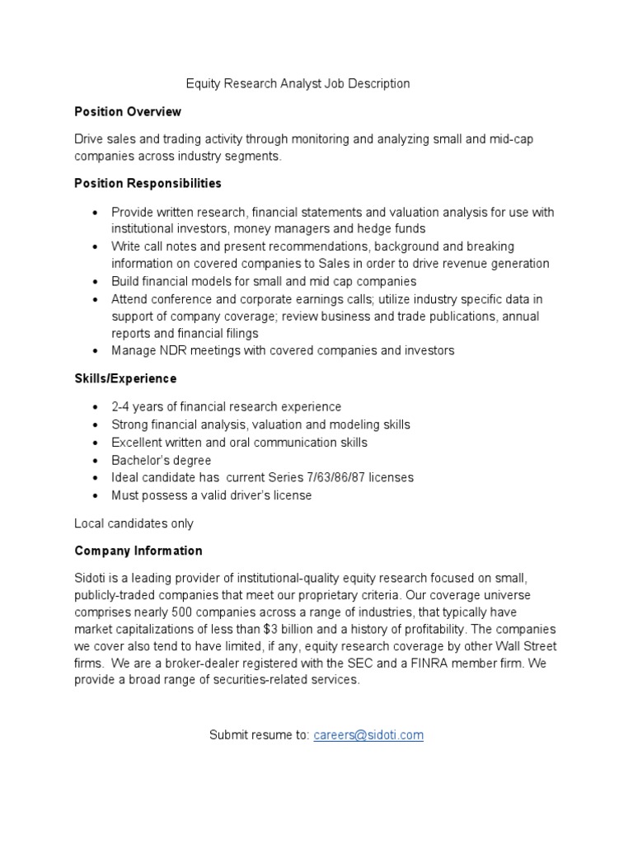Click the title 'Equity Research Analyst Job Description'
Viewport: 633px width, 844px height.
pos(298,83)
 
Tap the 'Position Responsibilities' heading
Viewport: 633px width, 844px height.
pos(148,183)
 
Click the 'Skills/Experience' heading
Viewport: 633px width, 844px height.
pos(125,378)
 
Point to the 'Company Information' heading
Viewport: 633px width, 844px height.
pos(138,551)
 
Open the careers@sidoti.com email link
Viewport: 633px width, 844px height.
pos(368,735)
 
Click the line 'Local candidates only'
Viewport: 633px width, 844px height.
pos(134,523)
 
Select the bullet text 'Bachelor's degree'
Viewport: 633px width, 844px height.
pos(162,460)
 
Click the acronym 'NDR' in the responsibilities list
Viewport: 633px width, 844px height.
pos(172,351)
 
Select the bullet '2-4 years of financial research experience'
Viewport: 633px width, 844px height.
pos(226,407)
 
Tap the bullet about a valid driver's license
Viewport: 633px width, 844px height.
pos(212,495)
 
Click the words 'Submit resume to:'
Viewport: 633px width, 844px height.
pos(260,735)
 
